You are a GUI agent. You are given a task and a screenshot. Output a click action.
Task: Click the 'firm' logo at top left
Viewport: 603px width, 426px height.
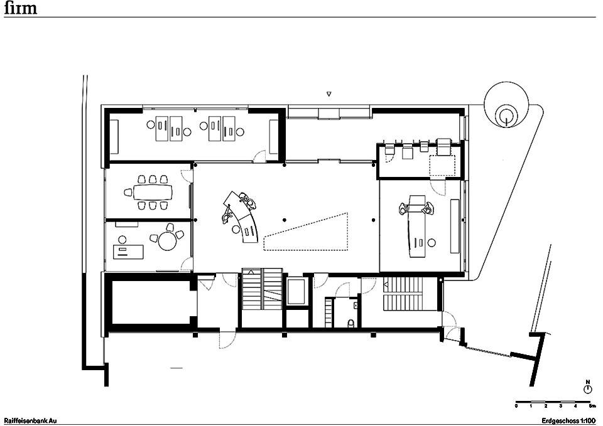[x=20, y=8]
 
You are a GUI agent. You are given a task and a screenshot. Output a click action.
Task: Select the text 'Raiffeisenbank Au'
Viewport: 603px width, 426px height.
[x=30, y=420]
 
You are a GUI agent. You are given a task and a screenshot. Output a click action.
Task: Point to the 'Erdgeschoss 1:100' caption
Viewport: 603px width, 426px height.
[x=568, y=420]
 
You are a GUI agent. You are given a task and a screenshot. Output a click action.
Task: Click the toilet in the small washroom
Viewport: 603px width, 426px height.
[x=350, y=324]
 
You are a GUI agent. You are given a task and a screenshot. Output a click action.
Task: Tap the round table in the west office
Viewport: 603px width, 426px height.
[x=167, y=242]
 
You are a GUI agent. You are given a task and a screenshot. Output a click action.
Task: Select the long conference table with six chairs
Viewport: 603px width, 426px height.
[x=153, y=192]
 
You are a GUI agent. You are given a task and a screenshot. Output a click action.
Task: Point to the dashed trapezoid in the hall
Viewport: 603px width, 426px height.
[x=306, y=232]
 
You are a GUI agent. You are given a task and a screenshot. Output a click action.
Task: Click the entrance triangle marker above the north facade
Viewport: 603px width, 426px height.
[x=329, y=93]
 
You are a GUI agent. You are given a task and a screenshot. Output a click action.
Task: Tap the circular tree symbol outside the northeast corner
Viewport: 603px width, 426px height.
[x=506, y=104]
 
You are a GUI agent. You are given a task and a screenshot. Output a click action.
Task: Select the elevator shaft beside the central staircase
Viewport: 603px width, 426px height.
[x=296, y=292]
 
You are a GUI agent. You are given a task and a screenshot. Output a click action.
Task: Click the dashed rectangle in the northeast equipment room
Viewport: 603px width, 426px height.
[x=442, y=166]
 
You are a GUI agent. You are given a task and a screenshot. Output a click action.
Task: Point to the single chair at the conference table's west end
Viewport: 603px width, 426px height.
[x=128, y=193]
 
